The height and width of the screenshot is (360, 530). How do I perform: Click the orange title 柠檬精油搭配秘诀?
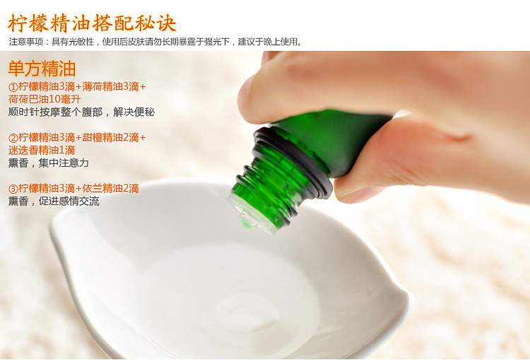(x=92, y=23)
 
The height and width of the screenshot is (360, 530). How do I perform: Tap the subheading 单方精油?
(x=42, y=69)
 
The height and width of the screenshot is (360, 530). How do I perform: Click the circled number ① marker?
(x=13, y=87)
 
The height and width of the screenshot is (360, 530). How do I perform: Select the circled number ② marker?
(x=13, y=138)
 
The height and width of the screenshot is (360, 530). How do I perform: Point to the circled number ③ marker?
(x=13, y=189)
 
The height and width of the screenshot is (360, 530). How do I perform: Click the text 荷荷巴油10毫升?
(x=45, y=100)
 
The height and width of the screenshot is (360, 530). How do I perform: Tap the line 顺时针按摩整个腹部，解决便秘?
(x=81, y=112)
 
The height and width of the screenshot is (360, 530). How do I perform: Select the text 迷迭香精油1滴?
(x=42, y=150)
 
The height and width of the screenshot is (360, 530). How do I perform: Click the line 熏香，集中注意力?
(x=48, y=163)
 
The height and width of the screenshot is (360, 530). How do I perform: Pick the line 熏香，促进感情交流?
(x=54, y=202)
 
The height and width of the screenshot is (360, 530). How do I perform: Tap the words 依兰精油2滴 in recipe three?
(x=110, y=188)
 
